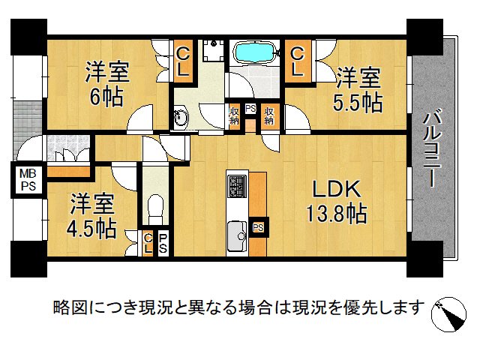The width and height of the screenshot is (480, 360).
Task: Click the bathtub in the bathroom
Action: [254, 54]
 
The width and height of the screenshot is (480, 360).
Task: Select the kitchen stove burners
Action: [238, 184]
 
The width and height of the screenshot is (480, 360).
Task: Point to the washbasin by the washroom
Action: [181, 117]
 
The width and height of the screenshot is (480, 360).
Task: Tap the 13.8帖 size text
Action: [335, 215]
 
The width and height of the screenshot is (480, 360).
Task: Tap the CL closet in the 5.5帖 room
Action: [297, 61]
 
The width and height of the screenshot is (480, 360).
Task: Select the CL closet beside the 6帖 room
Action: [182, 61]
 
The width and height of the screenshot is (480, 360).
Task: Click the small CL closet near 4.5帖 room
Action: [148, 243]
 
